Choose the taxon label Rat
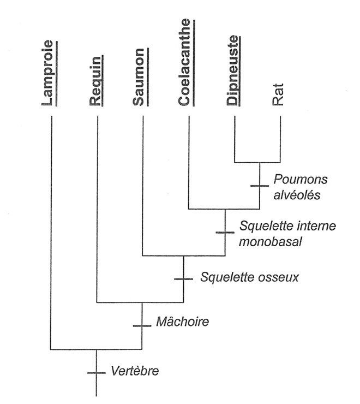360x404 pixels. [x=280, y=97]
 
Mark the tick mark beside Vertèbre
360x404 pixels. [x=97, y=372]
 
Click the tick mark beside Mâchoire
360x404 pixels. [x=142, y=325]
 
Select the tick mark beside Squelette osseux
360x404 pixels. [x=183, y=278]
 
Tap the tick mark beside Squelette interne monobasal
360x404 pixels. [x=225, y=232]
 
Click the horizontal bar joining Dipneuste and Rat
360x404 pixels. [x=257, y=162]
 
